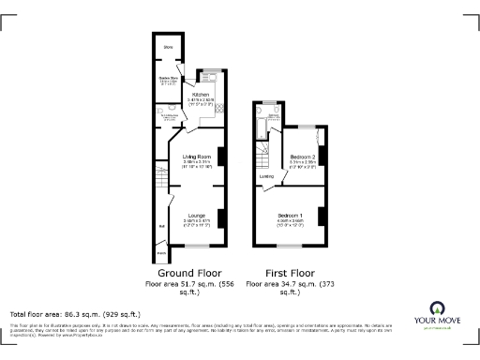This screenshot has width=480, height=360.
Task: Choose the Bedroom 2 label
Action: [x=301, y=156]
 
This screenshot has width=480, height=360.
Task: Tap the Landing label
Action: [x=267, y=175]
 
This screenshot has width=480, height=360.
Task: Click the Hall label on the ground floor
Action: [x=161, y=226]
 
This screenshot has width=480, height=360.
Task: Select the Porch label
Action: [x=161, y=252]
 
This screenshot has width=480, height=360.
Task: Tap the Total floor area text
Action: [x=75, y=313]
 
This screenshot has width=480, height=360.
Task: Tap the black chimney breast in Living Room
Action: [x=222, y=156]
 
